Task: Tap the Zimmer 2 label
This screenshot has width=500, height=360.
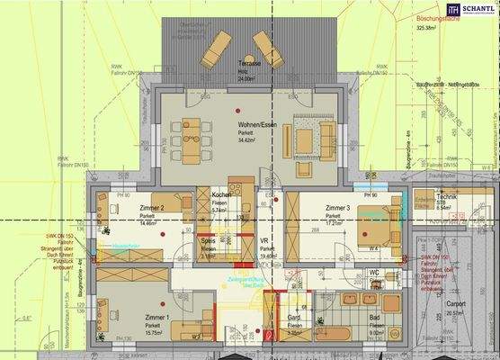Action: pyautogui.click(x=151, y=208)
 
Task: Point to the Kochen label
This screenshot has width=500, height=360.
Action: pyautogui.click(x=222, y=196)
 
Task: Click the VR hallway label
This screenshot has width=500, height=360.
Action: pyautogui.click(x=265, y=240)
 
